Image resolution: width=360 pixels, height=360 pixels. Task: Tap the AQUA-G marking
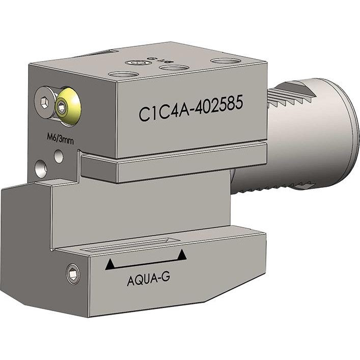148,280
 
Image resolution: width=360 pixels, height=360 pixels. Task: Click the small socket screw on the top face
136,63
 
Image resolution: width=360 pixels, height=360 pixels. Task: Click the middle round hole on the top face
174,67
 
